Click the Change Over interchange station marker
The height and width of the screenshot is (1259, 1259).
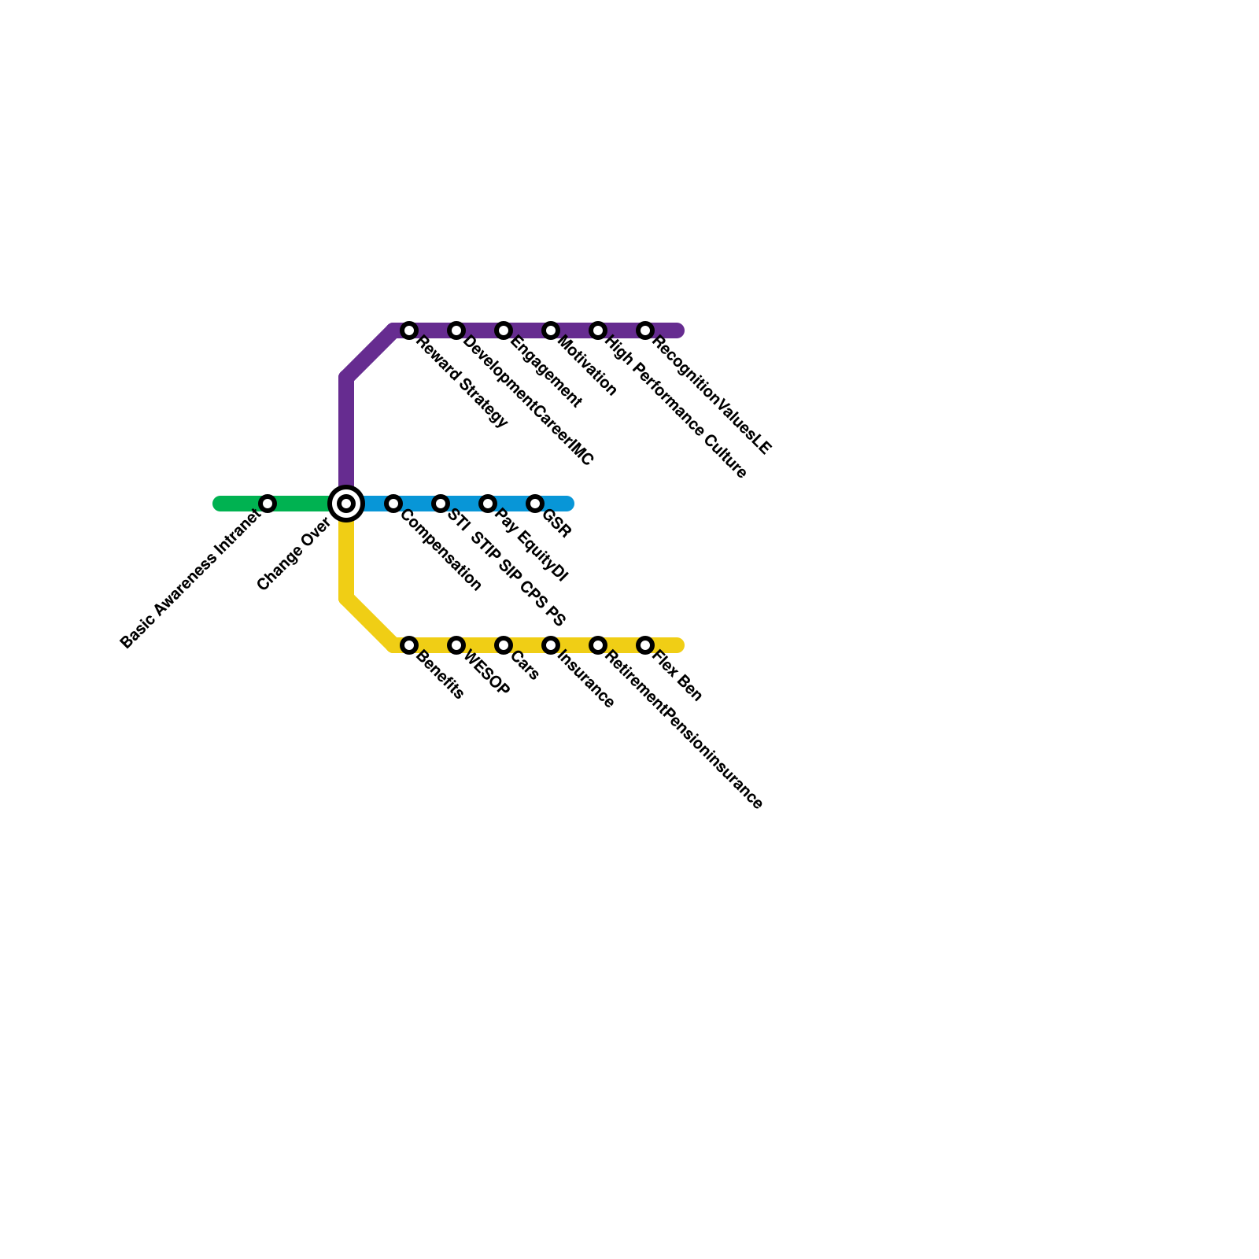(x=346, y=504)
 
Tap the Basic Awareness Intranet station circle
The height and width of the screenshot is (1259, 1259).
(x=268, y=504)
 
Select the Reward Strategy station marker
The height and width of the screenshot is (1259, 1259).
(x=409, y=330)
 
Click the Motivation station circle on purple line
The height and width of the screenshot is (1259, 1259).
(x=551, y=330)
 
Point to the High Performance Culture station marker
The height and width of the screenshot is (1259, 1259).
(x=598, y=330)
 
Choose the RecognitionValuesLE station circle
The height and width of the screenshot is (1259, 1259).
(x=645, y=330)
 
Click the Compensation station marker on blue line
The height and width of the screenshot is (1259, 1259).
(x=393, y=504)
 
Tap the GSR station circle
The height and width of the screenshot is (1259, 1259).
(x=535, y=504)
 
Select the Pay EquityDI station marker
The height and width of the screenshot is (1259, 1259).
(x=488, y=504)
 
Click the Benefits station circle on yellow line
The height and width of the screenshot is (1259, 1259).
(x=409, y=645)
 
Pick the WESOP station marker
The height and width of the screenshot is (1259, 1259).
(x=456, y=645)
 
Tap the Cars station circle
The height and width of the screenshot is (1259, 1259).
(x=504, y=645)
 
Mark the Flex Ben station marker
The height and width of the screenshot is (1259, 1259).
(x=645, y=645)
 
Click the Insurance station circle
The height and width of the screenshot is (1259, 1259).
(x=551, y=645)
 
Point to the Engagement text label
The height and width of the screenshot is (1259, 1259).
(x=546, y=373)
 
